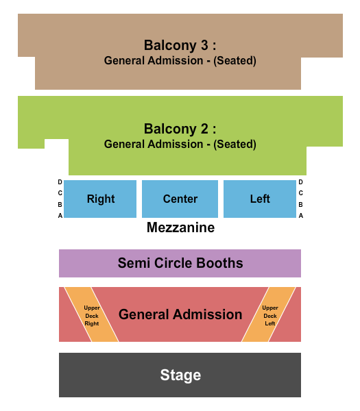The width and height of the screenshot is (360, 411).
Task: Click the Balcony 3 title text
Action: point(180,45)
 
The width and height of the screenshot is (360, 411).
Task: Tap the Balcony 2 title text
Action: point(180,129)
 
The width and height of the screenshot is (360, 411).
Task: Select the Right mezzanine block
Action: point(101,199)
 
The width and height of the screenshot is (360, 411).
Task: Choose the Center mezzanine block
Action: point(180,199)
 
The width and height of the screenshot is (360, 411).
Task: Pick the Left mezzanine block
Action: point(260,199)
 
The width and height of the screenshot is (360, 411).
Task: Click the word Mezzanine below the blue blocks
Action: point(180,227)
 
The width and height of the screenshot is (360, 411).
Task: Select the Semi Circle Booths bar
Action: point(180,263)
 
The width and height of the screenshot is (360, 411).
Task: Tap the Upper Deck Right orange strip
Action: point(92,314)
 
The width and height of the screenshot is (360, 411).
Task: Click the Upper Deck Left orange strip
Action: point(269,314)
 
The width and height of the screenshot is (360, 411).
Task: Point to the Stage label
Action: point(180,375)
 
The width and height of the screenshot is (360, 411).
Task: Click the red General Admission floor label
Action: point(180,314)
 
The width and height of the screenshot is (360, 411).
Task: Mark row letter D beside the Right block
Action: point(60,182)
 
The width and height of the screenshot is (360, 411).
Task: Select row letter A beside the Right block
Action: point(60,215)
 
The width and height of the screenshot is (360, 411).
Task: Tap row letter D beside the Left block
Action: point(300,182)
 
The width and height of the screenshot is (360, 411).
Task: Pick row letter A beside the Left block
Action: point(300,215)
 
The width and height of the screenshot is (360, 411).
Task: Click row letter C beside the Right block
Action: point(60,193)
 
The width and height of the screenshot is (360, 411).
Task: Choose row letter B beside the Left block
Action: point(300,204)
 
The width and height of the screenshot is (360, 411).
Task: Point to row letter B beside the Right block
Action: point(60,204)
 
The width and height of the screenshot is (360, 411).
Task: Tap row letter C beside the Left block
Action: point(300,193)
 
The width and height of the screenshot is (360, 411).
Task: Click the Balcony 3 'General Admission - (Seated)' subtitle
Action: point(180,60)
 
